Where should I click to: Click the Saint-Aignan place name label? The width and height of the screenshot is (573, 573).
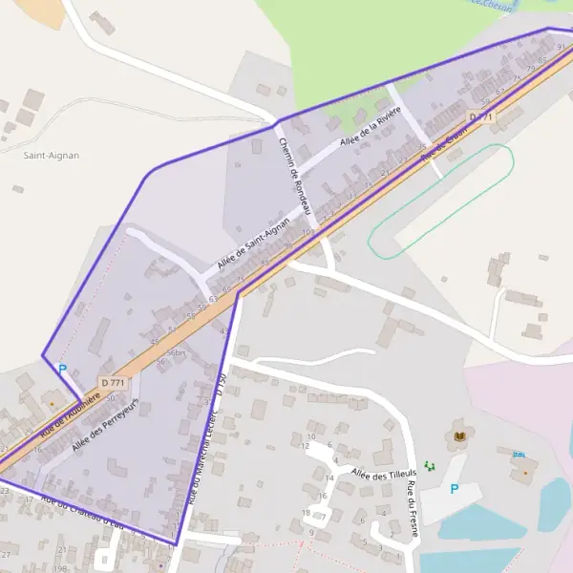(x=52, y=154)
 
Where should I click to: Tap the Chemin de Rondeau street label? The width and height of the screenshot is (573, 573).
(x=294, y=176)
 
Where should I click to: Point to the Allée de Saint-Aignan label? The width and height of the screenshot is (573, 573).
(x=252, y=243)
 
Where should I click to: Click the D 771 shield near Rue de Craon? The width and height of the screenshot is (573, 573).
(x=482, y=117)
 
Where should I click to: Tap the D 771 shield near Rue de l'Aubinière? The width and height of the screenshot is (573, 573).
(x=113, y=383)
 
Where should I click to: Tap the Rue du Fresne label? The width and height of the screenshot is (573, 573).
(x=413, y=509)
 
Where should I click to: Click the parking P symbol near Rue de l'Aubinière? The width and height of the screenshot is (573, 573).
(x=63, y=369)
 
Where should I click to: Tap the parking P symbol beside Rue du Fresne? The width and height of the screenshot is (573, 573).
(x=454, y=489)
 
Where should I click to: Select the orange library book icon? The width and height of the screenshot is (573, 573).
(x=461, y=436)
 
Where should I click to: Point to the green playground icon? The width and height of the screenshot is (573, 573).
(x=430, y=465)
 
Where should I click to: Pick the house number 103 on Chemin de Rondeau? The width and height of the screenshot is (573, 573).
(x=308, y=232)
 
